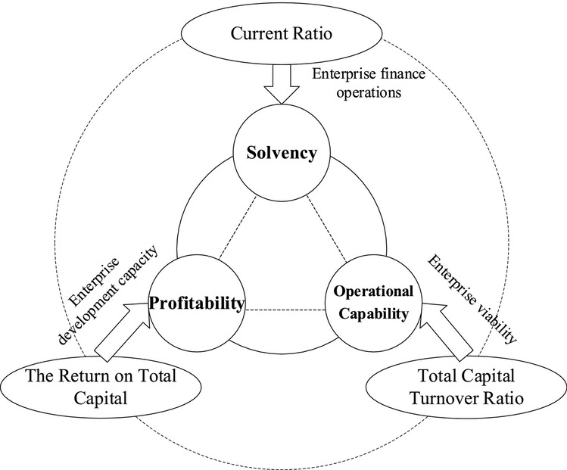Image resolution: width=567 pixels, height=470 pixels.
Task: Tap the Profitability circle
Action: (x=198, y=305)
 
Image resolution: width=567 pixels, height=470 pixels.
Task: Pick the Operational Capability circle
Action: (x=370, y=305)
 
